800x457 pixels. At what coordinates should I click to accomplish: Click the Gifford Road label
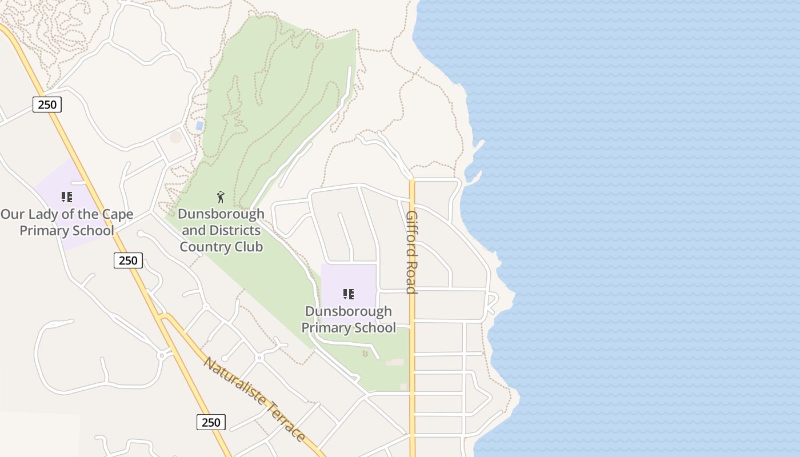point(411,252)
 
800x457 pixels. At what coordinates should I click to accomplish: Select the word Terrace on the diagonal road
point(285,423)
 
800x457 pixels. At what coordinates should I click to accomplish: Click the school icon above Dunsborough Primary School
point(348,294)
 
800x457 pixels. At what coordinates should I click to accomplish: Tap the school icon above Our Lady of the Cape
point(67,197)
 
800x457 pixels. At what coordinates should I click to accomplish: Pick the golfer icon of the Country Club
point(221,198)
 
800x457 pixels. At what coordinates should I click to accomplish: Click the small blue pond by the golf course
point(199,125)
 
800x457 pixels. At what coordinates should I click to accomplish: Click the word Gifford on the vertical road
point(411,234)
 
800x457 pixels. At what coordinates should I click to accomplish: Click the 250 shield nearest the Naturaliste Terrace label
point(211,422)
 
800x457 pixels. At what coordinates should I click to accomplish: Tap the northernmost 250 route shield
point(47,104)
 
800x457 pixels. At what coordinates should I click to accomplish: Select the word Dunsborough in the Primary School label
point(348,311)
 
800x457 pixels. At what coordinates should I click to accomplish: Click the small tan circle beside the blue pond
point(176,137)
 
